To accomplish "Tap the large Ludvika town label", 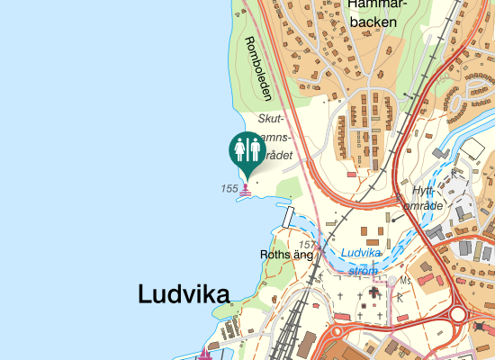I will click(183, 293).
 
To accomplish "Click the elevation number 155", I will click(229, 188).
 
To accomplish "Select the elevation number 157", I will click(308, 245).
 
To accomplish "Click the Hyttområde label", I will click(420, 199).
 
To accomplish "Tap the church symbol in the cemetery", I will click(374, 295).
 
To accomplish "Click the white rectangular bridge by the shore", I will click(289, 216).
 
